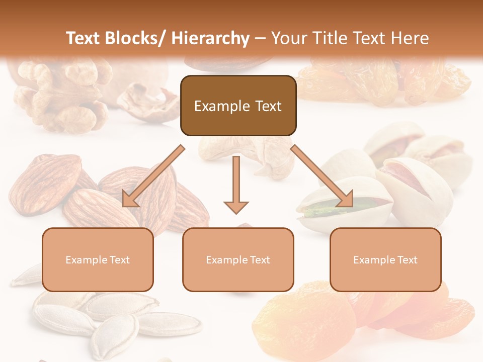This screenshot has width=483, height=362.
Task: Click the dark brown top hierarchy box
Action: coord(238,106)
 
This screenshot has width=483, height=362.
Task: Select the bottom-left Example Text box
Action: coord(98,259)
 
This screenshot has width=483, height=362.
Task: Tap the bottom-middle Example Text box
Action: coord(238,259)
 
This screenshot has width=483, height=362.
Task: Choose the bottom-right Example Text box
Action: coord(385,259)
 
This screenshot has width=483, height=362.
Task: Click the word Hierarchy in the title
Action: coord(210,38)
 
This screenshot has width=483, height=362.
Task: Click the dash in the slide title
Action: coord(260,38)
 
